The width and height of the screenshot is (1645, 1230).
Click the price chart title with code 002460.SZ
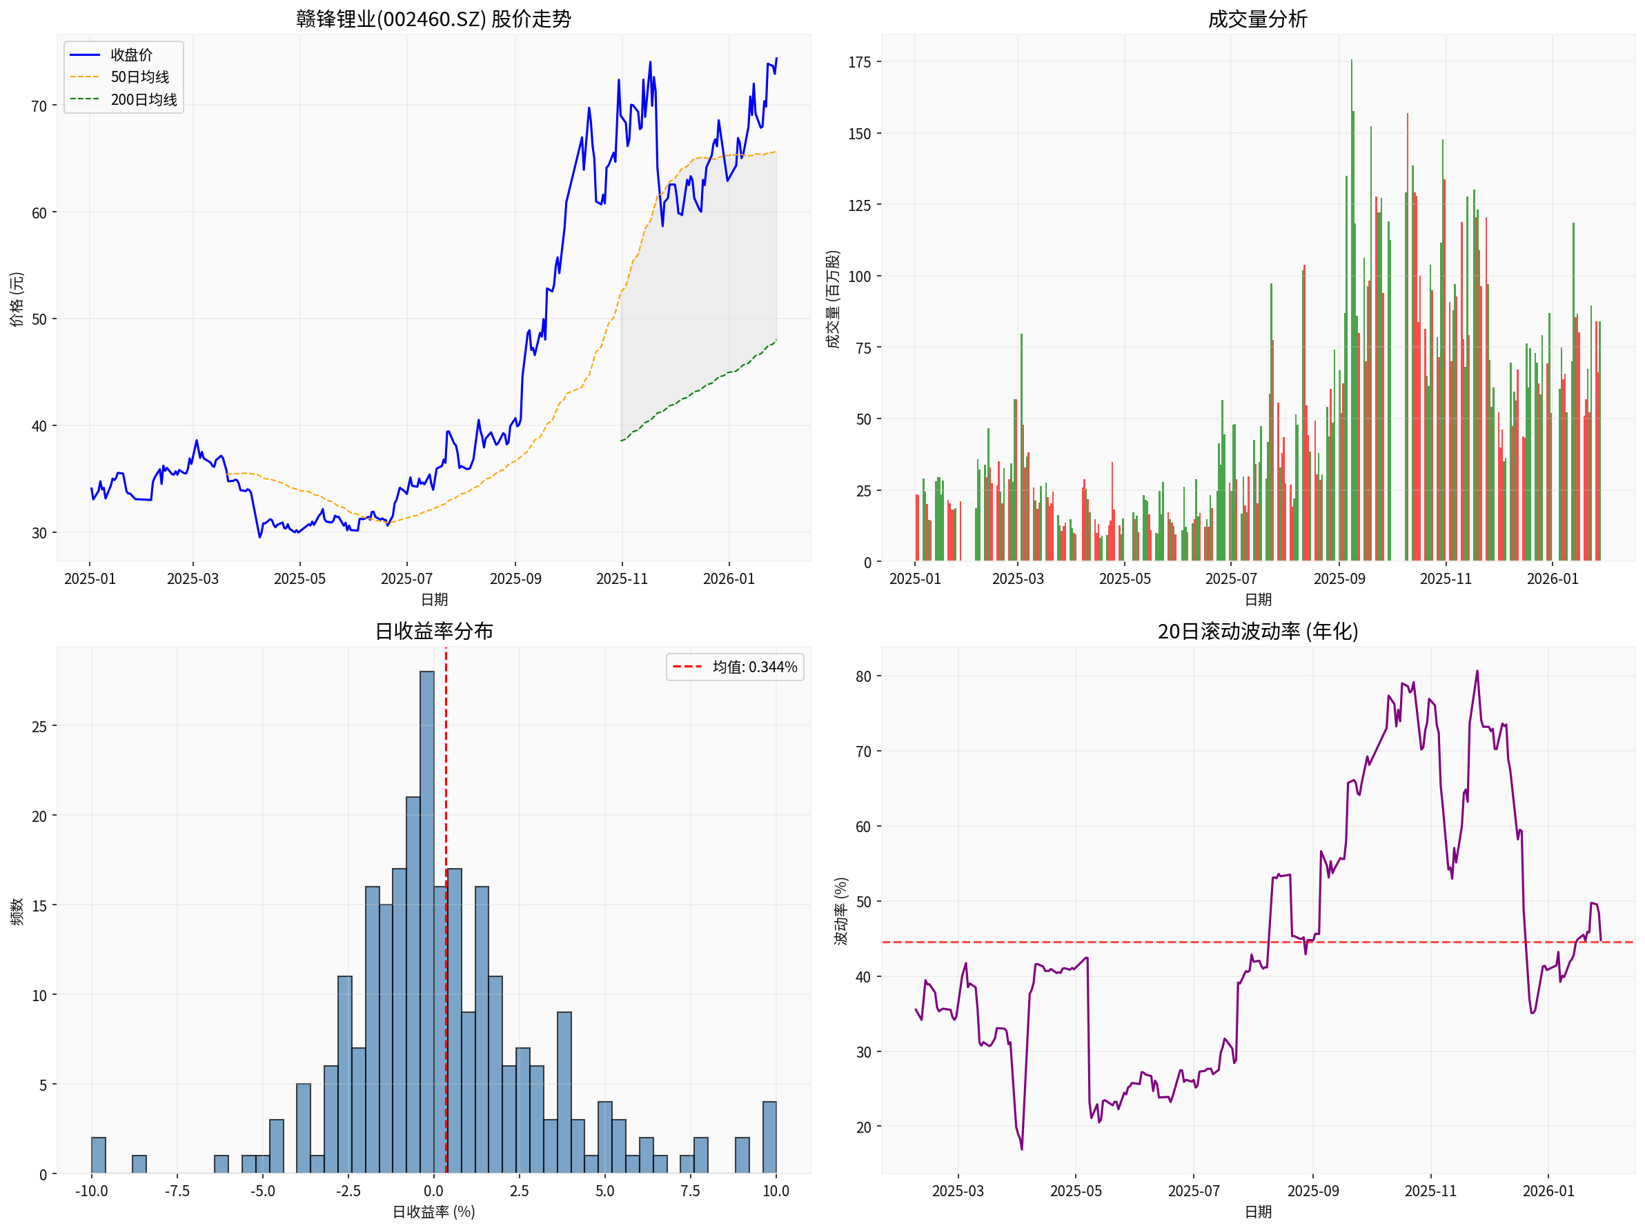433,19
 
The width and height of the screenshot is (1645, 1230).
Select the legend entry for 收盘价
131,55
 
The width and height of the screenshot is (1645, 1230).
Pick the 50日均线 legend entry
139,77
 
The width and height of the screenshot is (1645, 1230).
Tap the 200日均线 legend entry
144,99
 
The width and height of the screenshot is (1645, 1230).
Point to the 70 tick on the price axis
39,106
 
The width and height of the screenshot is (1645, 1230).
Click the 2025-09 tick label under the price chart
515,579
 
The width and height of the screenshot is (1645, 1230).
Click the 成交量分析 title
1257,19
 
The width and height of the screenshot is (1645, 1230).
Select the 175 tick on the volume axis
859,63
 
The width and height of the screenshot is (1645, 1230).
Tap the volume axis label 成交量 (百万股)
833,299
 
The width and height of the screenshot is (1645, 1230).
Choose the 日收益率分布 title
433,631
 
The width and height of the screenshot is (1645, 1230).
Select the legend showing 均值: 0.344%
735,667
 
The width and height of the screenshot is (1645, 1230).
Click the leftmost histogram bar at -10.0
98,1156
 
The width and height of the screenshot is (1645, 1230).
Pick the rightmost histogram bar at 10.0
769,1138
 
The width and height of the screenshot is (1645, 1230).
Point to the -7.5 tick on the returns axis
177,1191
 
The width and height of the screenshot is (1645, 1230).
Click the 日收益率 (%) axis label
433,1212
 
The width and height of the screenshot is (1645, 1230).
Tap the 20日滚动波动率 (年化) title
1257,631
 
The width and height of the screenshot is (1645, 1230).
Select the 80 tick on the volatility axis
863,677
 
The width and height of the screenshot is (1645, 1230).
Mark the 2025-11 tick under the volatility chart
1430,1191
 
